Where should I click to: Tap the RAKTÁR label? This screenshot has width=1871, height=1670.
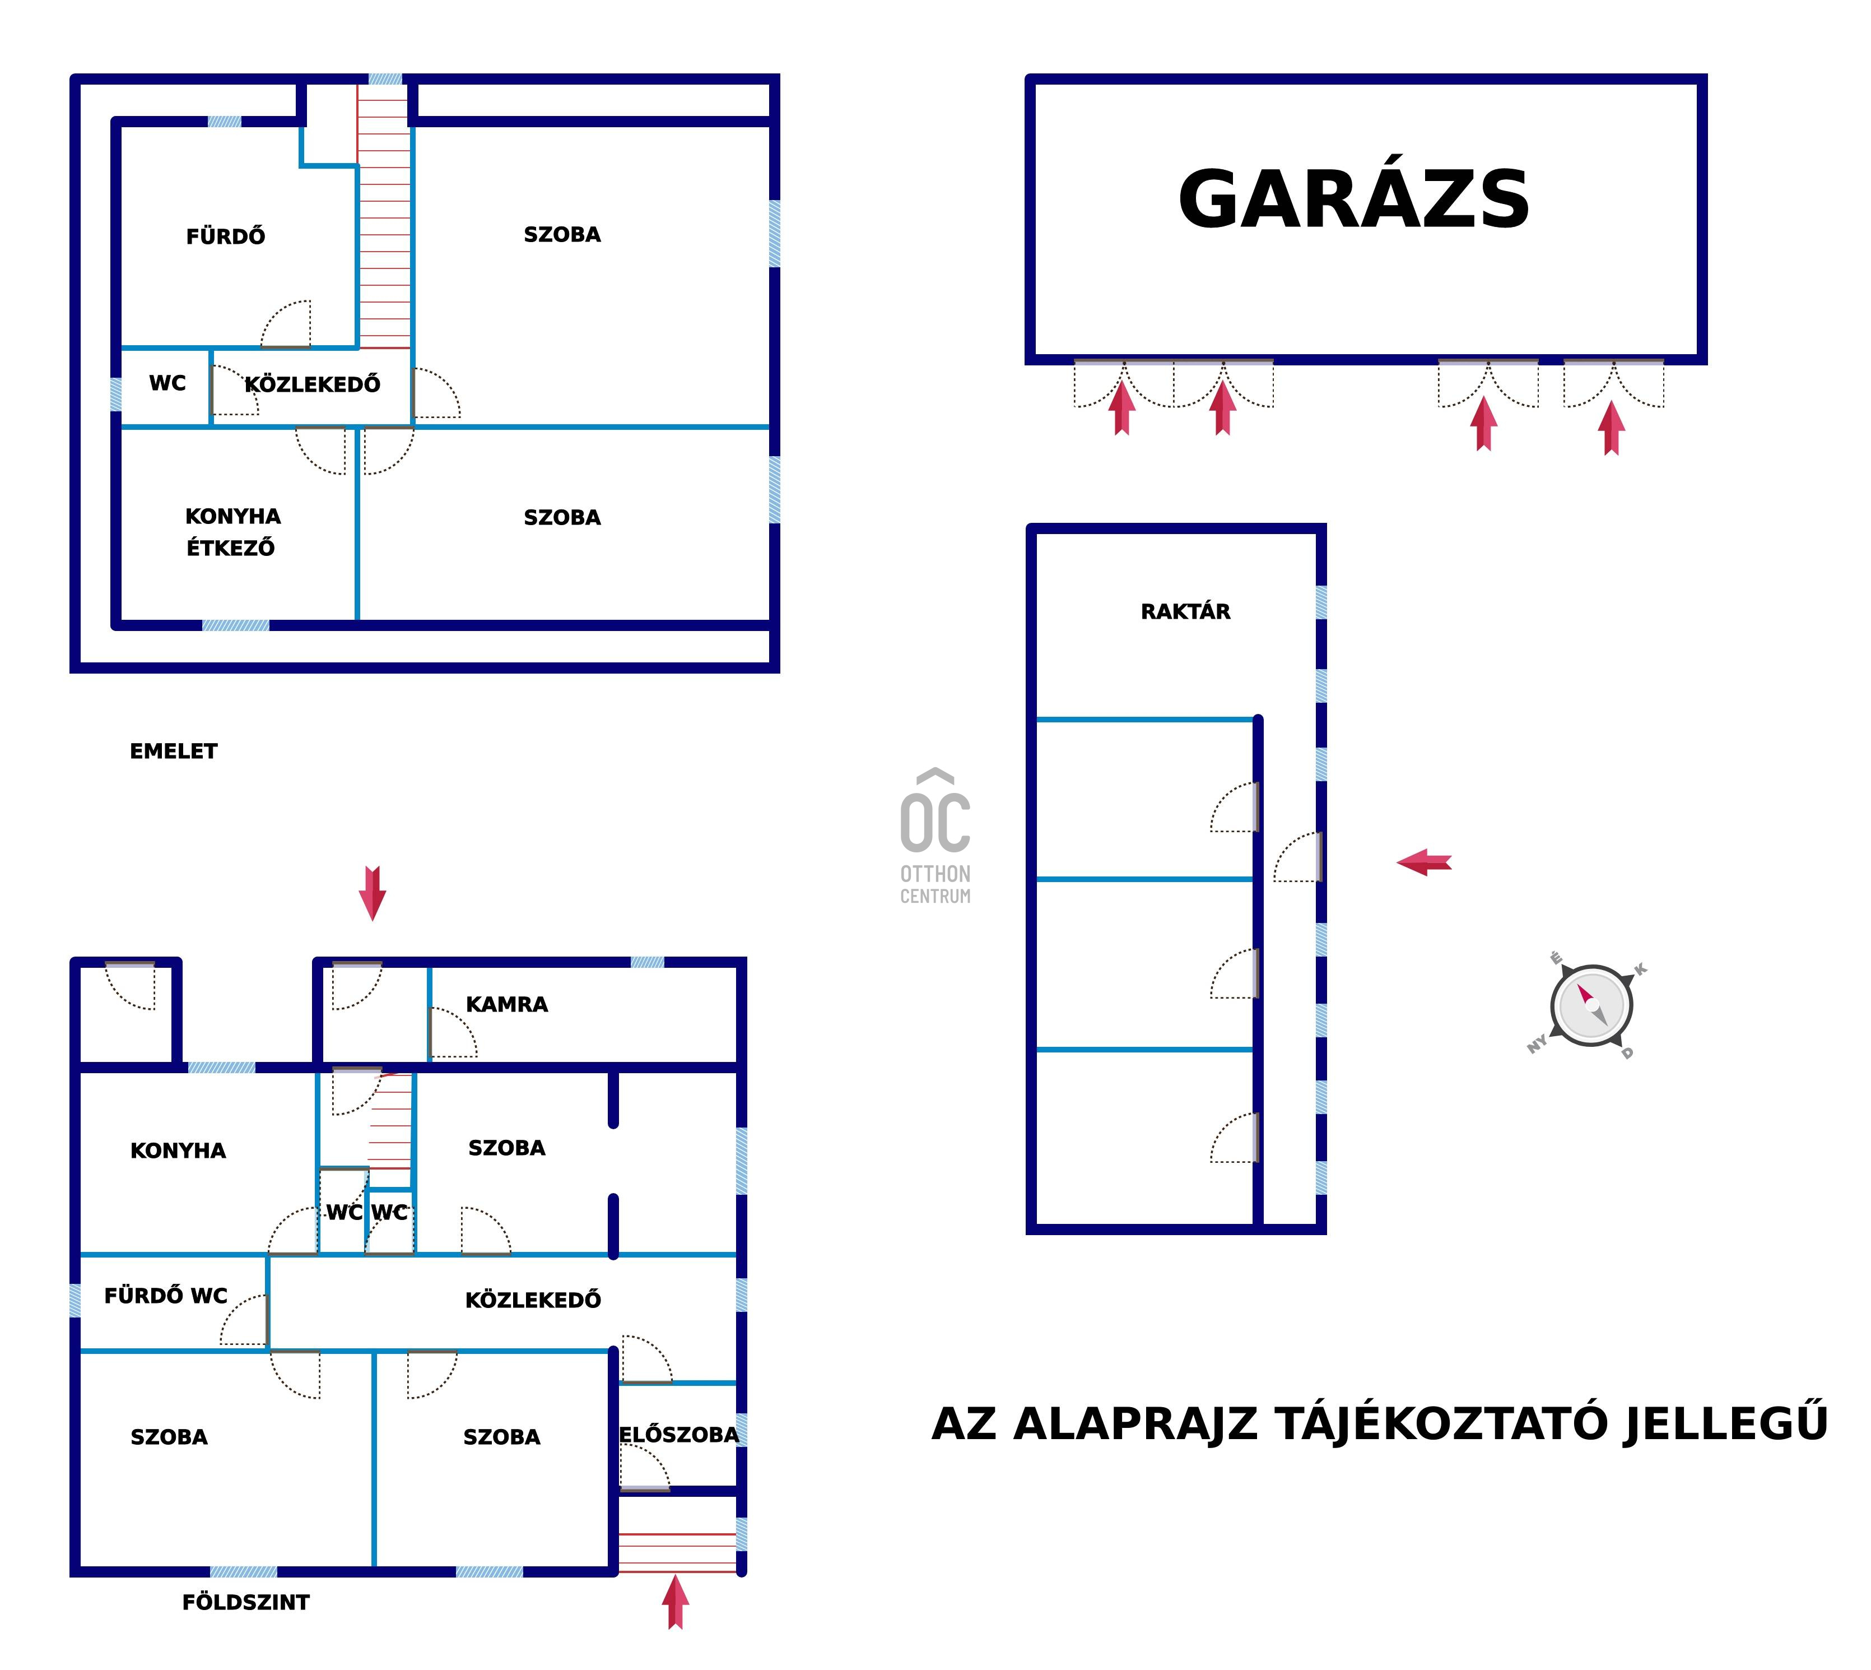pos(1185,611)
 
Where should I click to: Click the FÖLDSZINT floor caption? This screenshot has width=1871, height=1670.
pos(246,1602)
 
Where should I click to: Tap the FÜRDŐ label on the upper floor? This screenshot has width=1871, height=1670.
pos(226,236)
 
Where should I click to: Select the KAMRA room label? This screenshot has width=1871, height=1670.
pos(506,1004)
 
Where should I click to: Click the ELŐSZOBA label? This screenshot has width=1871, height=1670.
pos(679,1434)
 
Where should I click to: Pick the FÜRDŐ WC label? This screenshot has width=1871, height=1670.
pos(166,1296)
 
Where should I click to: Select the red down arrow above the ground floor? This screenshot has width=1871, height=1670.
pos(371,892)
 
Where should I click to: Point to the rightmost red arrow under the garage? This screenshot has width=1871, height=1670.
pos(1612,428)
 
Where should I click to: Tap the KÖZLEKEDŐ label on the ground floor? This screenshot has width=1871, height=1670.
pos(533,1300)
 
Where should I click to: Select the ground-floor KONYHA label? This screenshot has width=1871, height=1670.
pos(178,1151)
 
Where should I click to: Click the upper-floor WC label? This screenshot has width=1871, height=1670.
pos(168,383)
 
